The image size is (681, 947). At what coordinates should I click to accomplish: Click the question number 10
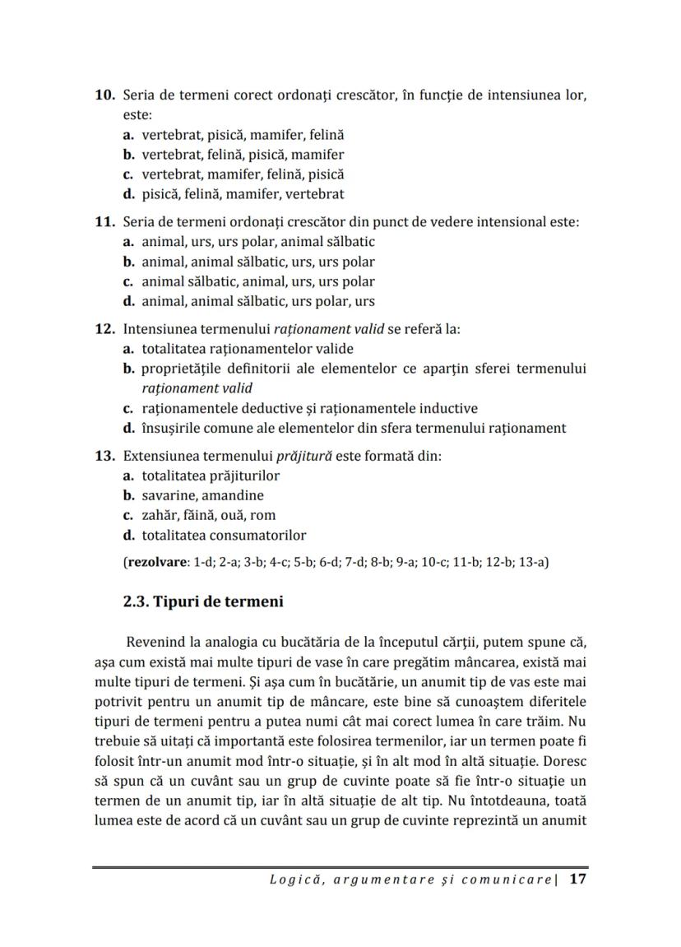pos(104,96)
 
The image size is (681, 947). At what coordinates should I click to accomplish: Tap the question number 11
pos(104,222)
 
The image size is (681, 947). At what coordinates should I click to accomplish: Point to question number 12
pos(104,329)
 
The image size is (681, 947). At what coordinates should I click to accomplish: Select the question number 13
pos(104,456)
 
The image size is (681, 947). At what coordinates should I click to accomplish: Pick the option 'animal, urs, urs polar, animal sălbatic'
pos(257,242)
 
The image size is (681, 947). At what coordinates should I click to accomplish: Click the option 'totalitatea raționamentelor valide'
pos(247,349)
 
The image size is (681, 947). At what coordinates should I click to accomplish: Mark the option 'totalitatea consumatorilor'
pos(224,535)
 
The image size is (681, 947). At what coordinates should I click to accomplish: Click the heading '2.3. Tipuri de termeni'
pos(203,601)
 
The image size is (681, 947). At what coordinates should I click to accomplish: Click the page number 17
pos(577,879)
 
